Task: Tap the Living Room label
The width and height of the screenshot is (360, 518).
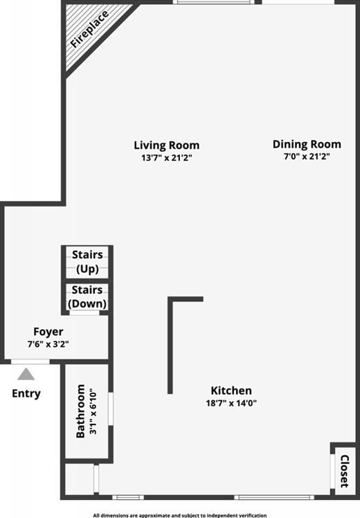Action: click(166, 145)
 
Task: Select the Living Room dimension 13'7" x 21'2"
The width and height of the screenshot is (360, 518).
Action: click(166, 157)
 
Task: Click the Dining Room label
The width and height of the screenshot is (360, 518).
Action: click(307, 144)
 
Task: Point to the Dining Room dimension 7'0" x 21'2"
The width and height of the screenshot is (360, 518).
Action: click(307, 157)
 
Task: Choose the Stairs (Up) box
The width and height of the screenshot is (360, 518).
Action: click(87, 262)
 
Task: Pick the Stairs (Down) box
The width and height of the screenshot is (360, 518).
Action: click(87, 297)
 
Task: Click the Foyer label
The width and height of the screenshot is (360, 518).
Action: click(48, 332)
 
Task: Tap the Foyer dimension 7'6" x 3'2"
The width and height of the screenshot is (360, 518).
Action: click(48, 343)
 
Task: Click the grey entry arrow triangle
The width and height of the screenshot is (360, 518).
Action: click(26, 375)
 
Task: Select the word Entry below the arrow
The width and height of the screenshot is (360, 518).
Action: click(26, 393)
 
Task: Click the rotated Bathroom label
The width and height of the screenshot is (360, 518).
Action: click(80, 411)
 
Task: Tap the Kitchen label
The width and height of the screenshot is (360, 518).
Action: click(231, 391)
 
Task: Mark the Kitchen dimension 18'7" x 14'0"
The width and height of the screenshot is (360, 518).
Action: click(231, 403)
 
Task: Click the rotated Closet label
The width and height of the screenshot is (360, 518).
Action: click(343, 470)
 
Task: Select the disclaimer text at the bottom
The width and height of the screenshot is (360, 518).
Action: click(180, 515)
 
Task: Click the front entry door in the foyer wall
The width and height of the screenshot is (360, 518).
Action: click(30, 361)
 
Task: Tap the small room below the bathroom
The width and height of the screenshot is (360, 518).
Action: click(79, 479)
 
